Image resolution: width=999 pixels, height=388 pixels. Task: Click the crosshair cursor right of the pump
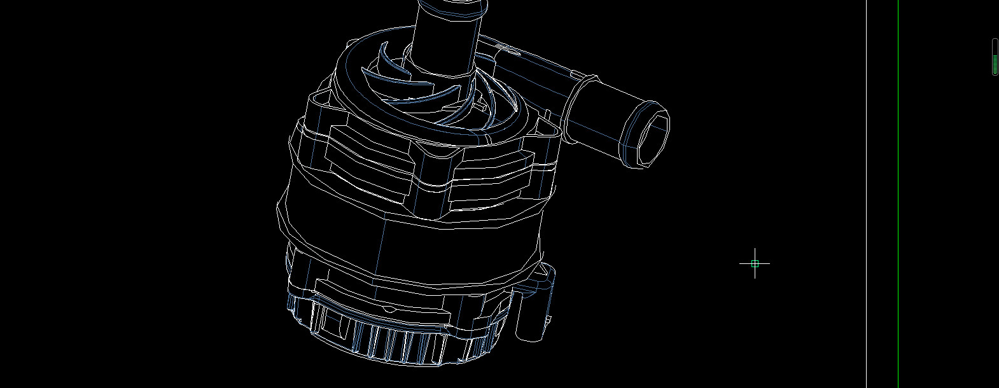(x=755, y=263)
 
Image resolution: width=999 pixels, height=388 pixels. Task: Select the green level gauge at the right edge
(x=995, y=57)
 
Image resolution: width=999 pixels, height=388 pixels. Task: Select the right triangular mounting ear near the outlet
(x=548, y=130)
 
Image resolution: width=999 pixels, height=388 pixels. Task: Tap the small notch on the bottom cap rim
(x=389, y=309)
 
